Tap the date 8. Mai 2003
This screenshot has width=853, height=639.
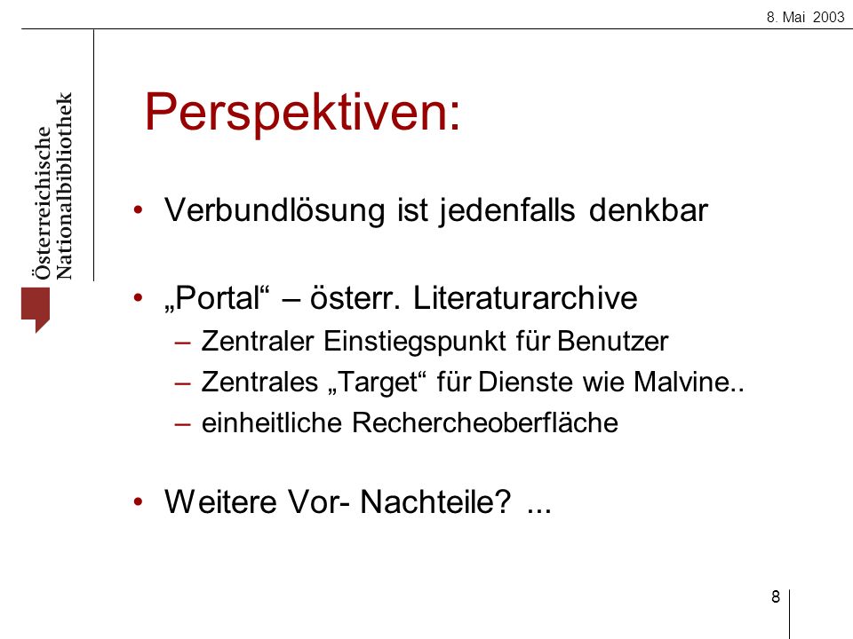(x=805, y=18)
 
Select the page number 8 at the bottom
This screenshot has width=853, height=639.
(x=775, y=596)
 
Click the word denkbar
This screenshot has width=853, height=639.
(x=649, y=209)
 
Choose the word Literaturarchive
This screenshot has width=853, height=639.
(x=525, y=298)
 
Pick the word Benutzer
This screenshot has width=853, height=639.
(x=612, y=342)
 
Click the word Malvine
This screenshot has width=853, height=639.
(x=682, y=382)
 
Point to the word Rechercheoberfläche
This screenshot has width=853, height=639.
(x=485, y=422)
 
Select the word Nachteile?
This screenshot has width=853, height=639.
(x=435, y=501)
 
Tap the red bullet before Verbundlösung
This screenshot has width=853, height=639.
(x=139, y=209)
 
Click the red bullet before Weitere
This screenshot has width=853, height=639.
(x=139, y=501)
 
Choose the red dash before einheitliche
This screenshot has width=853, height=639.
(x=183, y=424)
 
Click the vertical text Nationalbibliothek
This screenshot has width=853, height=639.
(x=64, y=185)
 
